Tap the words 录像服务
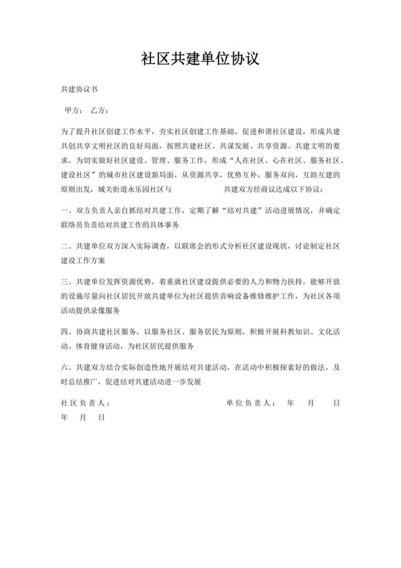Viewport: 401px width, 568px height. click(105, 311)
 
